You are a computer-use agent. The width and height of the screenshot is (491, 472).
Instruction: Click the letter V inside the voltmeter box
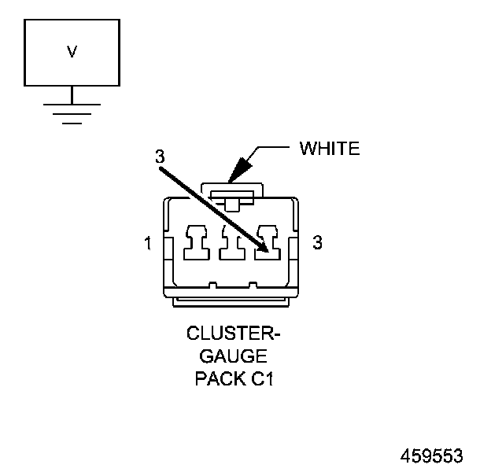click(x=72, y=52)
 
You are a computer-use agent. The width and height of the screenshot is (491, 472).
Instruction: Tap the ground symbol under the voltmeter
click(x=72, y=113)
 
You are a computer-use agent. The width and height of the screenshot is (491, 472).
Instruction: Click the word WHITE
click(x=330, y=149)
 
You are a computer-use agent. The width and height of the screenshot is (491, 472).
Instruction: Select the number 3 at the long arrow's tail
click(x=160, y=156)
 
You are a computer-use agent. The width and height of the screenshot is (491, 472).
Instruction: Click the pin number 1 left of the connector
click(x=148, y=243)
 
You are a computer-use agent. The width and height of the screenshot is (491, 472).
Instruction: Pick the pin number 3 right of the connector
click(x=317, y=242)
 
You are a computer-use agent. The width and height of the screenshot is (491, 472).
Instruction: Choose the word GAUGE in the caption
click(x=233, y=356)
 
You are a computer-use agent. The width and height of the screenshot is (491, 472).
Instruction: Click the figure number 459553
click(x=431, y=455)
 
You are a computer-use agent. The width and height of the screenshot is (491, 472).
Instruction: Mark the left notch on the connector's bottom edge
click(x=213, y=284)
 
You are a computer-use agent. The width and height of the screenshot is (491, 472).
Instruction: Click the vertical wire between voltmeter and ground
click(x=72, y=94)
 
